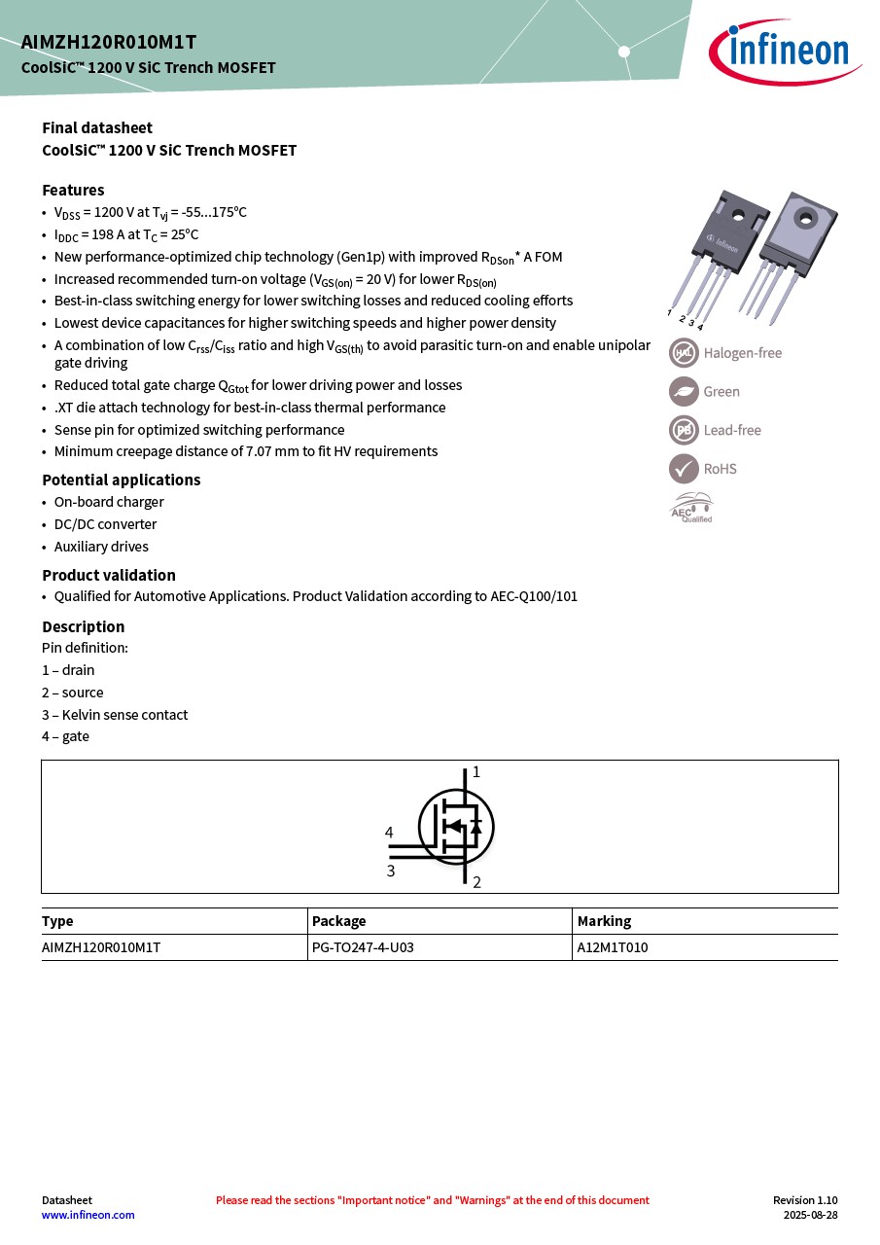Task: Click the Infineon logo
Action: click(x=784, y=52)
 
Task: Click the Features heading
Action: click(x=73, y=190)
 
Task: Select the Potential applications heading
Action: click(x=121, y=480)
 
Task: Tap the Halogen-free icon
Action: click(x=684, y=353)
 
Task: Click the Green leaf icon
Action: click(x=684, y=391)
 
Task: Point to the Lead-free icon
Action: click(x=684, y=430)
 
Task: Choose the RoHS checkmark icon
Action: click(x=684, y=468)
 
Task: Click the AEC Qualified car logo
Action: click(x=691, y=507)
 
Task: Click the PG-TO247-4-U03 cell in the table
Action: click(x=363, y=947)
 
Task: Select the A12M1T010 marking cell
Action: click(x=613, y=947)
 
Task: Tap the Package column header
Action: click(x=338, y=921)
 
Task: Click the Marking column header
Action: click(x=604, y=921)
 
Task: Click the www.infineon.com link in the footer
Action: click(x=88, y=1215)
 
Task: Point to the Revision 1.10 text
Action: click(x=805, y=1200)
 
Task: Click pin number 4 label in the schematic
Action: click(x=389, y=833)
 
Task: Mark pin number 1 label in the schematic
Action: click(x=476, y=772)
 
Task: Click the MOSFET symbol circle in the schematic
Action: click(x=456, y=828)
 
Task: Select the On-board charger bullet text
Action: click(x=109, y=502)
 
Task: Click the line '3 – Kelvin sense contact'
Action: click(x=115, y=715)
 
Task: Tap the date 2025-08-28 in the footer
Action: click(x=811, y=1215)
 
